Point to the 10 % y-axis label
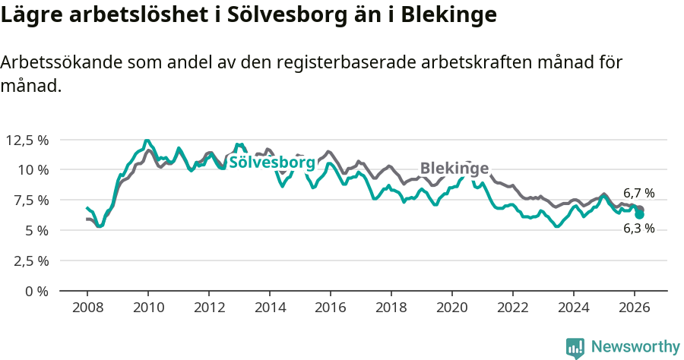(33, 169)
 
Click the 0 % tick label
(36, 291)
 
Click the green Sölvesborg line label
(271, 162)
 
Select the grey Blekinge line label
(454, 169)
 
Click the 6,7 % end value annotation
(638, 194)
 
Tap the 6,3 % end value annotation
(638, 228)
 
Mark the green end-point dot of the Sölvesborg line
(640, 215)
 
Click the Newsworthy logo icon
(575, 347)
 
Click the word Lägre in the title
(30, 15)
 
